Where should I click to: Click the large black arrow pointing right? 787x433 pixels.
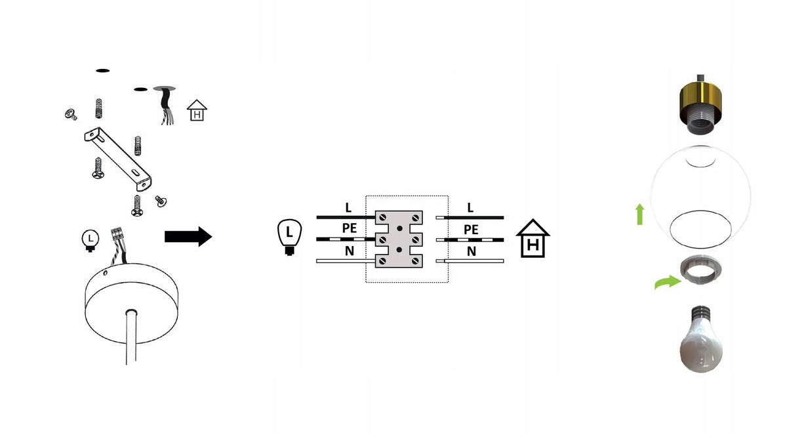[188, 237]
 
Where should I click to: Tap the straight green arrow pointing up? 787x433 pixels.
[640, 214]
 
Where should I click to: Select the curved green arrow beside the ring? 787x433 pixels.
[668, 282]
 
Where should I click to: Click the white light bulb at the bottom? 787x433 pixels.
[701, 339]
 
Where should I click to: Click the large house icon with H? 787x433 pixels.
[533, 238]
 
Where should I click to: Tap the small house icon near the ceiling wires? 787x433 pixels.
[197, 110]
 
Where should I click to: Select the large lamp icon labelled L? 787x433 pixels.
[289, 237]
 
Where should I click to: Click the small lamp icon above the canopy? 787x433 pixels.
[91, 240]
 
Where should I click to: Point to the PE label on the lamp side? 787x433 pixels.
[349, 228]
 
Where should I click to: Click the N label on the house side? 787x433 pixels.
[472, 251]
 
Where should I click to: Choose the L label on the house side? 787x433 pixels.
[470, 208]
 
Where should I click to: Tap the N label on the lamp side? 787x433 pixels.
[349, 251]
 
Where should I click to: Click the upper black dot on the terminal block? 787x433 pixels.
[399, 228]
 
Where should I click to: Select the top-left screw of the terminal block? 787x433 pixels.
[382, 218]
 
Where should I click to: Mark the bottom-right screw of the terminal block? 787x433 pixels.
[416, 261]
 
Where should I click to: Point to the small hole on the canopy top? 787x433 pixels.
[105, 273]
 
